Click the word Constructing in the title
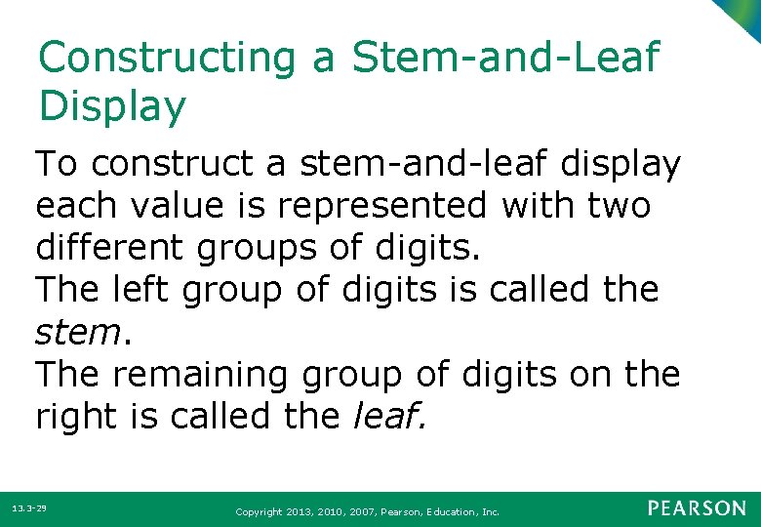166,59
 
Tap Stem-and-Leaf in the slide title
505,59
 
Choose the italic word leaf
386,417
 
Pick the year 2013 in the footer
301,510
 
